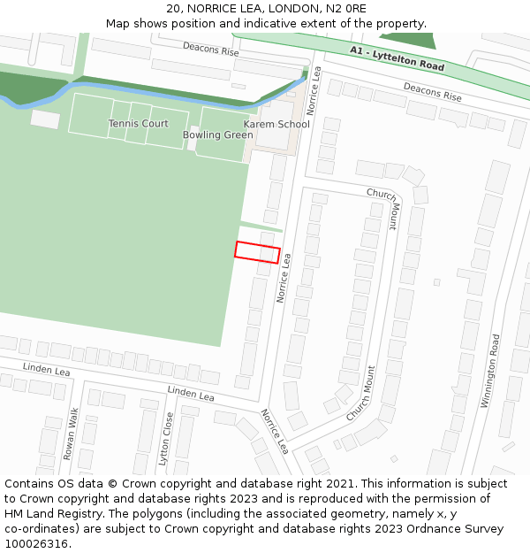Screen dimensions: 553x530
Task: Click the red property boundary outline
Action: tap(257, 252)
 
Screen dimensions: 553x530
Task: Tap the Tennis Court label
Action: tap(138, 124)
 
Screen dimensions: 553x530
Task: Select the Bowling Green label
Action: tap(218, 135)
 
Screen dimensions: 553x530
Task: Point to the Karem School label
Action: tap(276, 124)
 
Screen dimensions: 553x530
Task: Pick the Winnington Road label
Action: tap(489, 371)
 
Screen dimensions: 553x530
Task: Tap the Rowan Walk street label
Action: tap(72, 434)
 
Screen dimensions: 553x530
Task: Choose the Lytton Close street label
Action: tap(165, 439)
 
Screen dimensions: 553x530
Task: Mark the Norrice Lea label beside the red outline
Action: tap(284, 274)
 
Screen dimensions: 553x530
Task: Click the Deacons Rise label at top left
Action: tap(211, 50)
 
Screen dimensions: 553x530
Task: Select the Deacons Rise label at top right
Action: tap(433, 91)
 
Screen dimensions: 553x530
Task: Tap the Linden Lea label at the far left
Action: tap(46, 370)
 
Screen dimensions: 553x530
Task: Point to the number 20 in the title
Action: tap(173, 9)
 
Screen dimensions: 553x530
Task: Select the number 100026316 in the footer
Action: tap(34, 543)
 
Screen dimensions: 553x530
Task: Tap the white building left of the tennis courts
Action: tap(45, 119)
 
